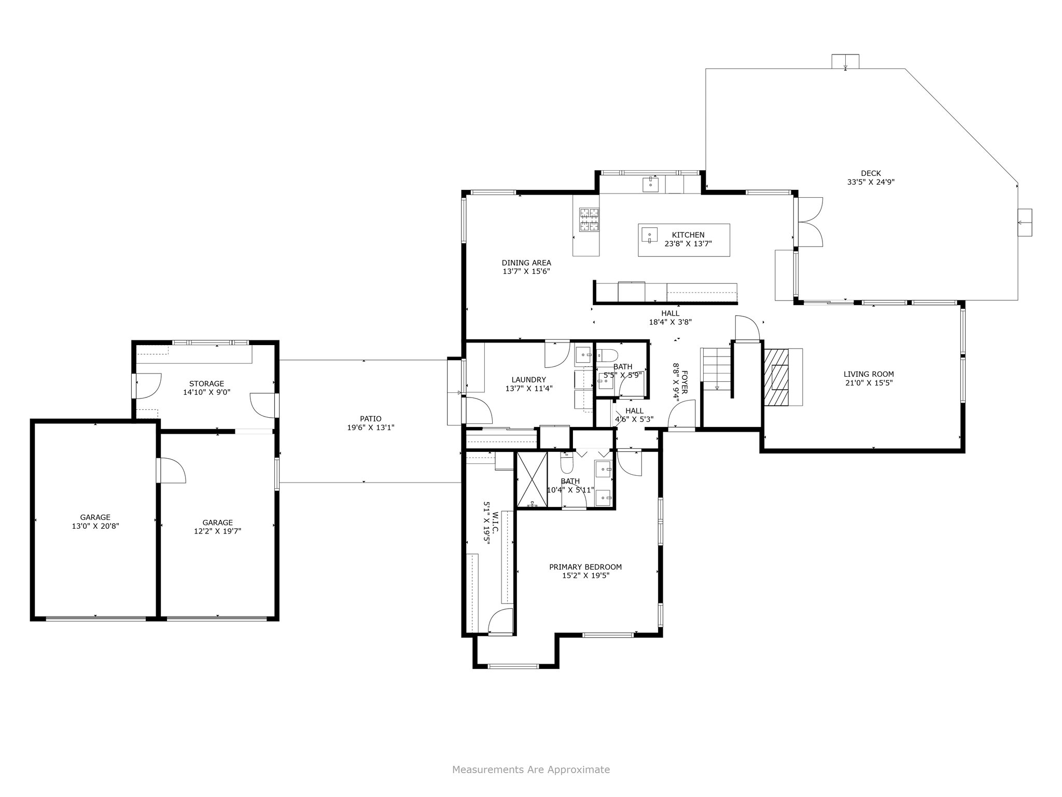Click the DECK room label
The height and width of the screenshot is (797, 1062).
tap(871, 173)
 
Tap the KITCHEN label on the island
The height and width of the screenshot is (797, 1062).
tap(688, 235)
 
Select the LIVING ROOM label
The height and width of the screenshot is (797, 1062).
tap(869, 374)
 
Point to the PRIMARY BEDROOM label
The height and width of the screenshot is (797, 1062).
tap(585, 567)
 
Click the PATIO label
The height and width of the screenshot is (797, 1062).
tap(371, 419)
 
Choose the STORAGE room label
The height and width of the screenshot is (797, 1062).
tap(206, 383)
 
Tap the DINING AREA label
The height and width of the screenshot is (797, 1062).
tap(526, 263)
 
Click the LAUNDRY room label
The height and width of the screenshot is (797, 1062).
tap(528, 379)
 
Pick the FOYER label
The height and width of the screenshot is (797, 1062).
tap(684, 382)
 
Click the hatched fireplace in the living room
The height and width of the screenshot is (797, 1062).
tap(775, 377)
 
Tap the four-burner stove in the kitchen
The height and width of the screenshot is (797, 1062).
tap(589, 219)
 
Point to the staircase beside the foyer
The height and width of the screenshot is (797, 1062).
tap(716, 369)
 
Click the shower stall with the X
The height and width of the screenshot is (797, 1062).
tap(532, 479)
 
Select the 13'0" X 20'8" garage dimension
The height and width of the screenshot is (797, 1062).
tap(95, 526)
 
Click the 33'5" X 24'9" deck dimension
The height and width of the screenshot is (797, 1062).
tap(871, 182)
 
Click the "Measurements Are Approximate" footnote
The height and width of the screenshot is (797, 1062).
tap(531, 769)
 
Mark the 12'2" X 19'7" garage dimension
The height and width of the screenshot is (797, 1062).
tap(218, 531)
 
